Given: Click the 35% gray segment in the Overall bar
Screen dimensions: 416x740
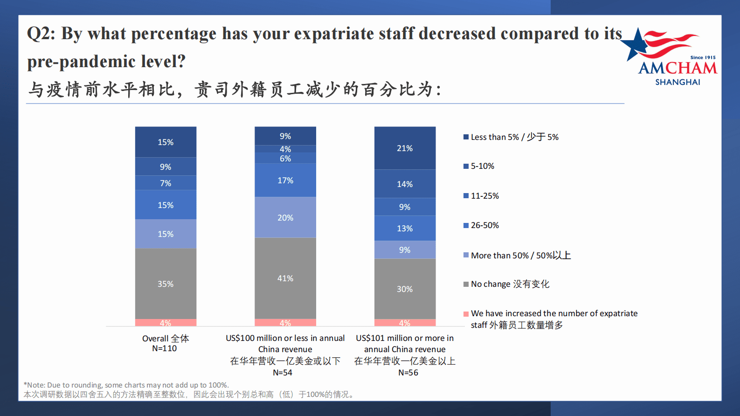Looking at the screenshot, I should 166,284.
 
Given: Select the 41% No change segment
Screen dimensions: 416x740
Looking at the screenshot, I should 285,278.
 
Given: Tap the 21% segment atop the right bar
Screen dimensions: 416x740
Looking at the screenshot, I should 405,148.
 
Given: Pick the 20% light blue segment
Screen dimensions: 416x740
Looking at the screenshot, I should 285,217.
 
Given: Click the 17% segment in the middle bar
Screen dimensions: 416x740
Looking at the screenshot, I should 285,180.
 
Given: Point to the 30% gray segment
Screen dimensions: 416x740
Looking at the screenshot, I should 405,289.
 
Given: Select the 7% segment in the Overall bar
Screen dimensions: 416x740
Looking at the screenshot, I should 166,183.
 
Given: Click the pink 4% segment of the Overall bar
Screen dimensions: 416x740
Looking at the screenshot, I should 166,323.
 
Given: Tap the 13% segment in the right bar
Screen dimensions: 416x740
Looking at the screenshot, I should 405,228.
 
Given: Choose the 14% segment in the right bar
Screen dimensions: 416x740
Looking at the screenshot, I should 405,184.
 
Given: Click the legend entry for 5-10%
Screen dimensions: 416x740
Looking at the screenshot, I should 482,166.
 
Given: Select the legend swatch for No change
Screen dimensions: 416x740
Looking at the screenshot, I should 466,284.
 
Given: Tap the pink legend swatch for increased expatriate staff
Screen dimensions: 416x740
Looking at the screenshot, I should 466,314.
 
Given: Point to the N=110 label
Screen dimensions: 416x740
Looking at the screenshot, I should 164,348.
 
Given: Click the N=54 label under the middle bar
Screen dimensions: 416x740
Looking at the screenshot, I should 283,373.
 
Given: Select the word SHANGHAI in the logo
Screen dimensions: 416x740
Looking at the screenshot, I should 678,82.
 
